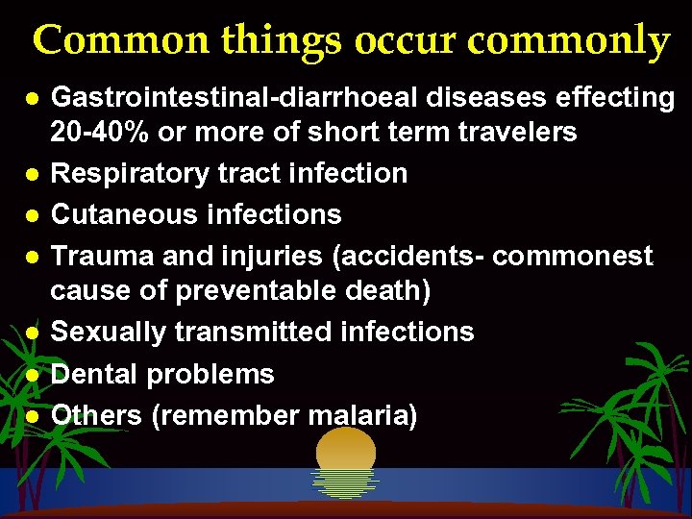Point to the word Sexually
pos(107,333)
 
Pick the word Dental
pos(88,374)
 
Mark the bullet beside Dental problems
pos(33,376)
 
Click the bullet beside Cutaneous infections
pos(33,215)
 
